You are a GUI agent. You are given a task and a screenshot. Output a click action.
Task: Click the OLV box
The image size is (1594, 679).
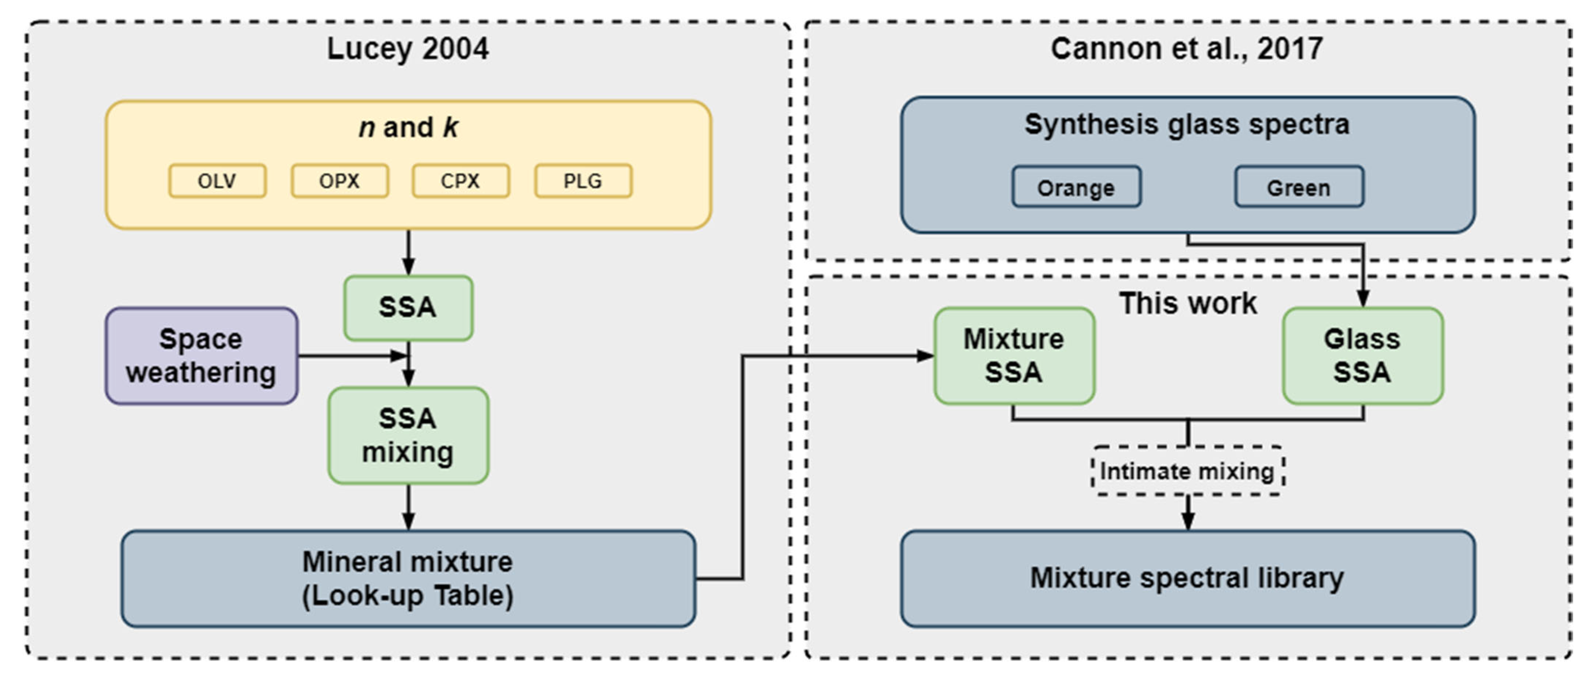point(217,181)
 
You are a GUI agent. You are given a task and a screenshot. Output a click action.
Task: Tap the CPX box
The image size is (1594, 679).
point(461,181)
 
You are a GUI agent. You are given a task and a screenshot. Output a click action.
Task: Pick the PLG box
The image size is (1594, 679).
point(583,181)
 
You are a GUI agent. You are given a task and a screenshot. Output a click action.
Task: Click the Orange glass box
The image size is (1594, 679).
point(1076,187)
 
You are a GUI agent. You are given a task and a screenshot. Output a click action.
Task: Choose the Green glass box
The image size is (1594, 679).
point(1298,187)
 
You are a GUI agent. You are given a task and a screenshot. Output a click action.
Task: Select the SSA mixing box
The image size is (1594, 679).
point(408,435)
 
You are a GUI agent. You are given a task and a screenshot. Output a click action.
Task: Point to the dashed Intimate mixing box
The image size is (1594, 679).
point(1187,471)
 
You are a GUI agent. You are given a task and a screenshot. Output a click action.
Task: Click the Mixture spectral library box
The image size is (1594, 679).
point(1187,578)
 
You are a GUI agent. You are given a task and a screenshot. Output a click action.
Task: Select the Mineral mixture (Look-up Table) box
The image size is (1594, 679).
point(408,578)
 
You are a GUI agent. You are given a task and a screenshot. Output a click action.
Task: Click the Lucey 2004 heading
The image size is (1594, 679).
point(408,49)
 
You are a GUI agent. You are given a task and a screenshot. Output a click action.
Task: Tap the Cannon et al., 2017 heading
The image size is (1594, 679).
point(1187,49)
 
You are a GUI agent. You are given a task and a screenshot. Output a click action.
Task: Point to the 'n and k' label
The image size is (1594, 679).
point(408,127)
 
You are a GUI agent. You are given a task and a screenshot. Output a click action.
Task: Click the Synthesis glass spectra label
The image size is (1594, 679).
point(1187,124)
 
